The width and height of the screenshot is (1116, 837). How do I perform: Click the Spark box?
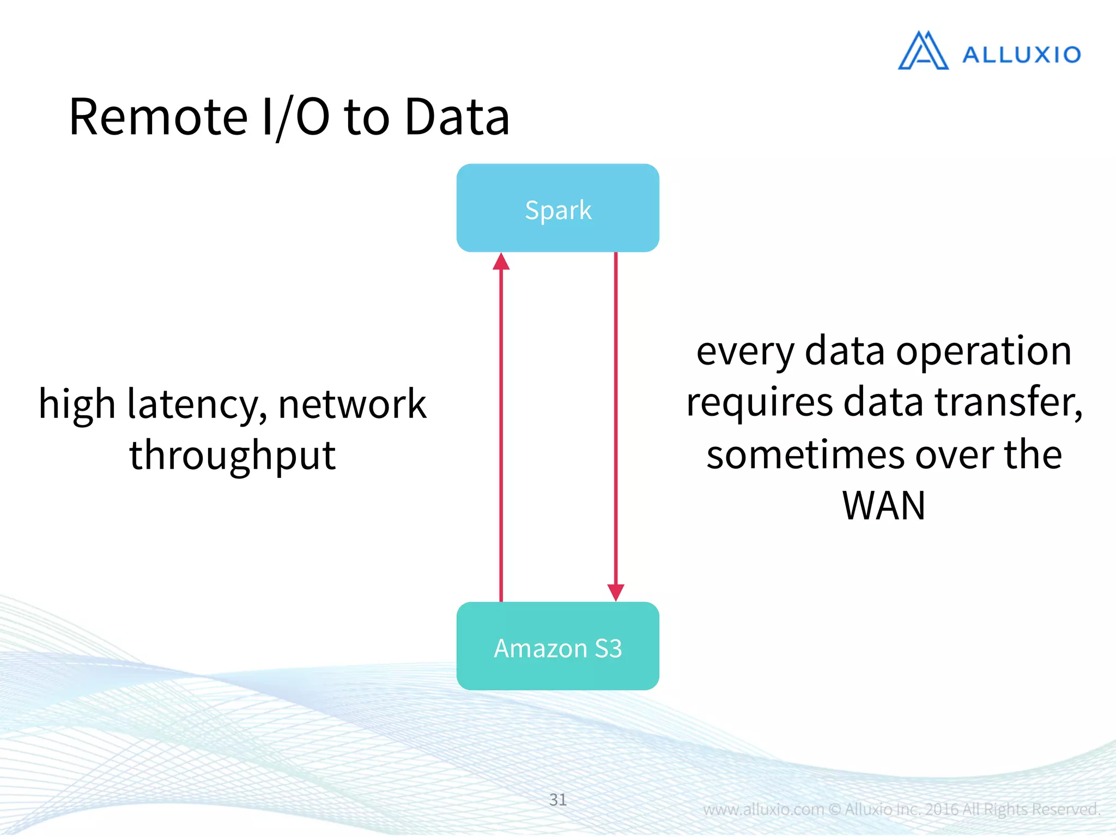[557, 208]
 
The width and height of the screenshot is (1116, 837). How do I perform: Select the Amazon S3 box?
[557, 646]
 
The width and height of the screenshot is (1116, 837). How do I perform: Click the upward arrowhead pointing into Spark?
[501, 262]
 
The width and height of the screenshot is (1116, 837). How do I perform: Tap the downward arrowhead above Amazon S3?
[616, 592]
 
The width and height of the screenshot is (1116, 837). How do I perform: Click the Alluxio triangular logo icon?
[923, 51]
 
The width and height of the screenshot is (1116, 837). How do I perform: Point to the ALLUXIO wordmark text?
[1021, 55]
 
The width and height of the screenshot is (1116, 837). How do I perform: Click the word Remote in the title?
[159, 117]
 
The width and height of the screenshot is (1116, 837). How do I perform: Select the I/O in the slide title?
[295, 117]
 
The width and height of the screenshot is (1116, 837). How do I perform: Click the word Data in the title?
[457, 117]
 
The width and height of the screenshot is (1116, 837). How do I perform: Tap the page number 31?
[557, 799]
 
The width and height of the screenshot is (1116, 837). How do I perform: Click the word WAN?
[883, 506]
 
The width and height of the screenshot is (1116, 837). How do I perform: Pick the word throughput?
[232, 455]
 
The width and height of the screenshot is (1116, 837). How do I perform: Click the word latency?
[197, 404]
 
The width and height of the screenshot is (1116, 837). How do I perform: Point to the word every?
[745, 351]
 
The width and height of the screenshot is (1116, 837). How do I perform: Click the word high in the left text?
[77, 404]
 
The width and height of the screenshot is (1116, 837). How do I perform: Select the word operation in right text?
[984, 351]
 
